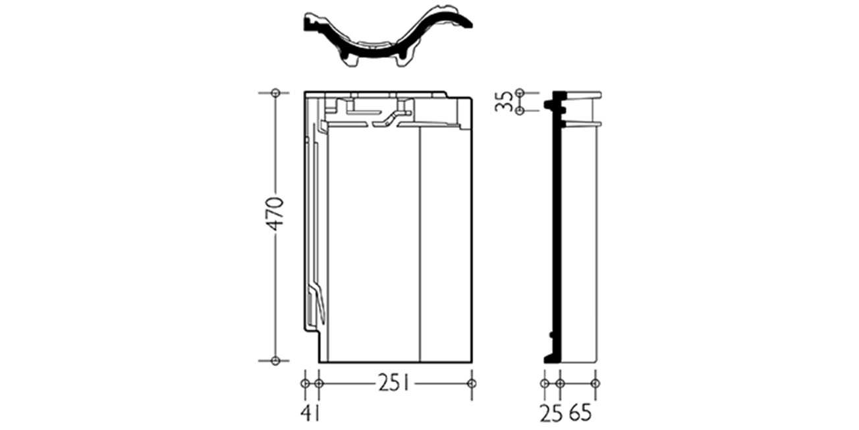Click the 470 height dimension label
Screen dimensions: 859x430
pyautogui.click(x=276, y=214)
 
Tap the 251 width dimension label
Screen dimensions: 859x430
pyautogui.click(x=394, y=383)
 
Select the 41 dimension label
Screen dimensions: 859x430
pyautogui.click(x=310, y=413)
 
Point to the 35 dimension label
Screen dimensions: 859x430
pyautogui.click(x=503, y=102)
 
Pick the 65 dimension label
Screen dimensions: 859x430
pyautogui.click(x=580, y=413)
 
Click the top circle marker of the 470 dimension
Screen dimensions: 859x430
pyautogui.click(x=275, y=93)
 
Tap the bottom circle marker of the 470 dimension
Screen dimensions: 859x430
pyautogui.click(x=275, y=361)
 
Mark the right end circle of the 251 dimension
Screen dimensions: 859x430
pyautogui.click(x=472, y=383)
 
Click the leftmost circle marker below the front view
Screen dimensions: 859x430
pyautogui.click(x=305, y=383)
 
